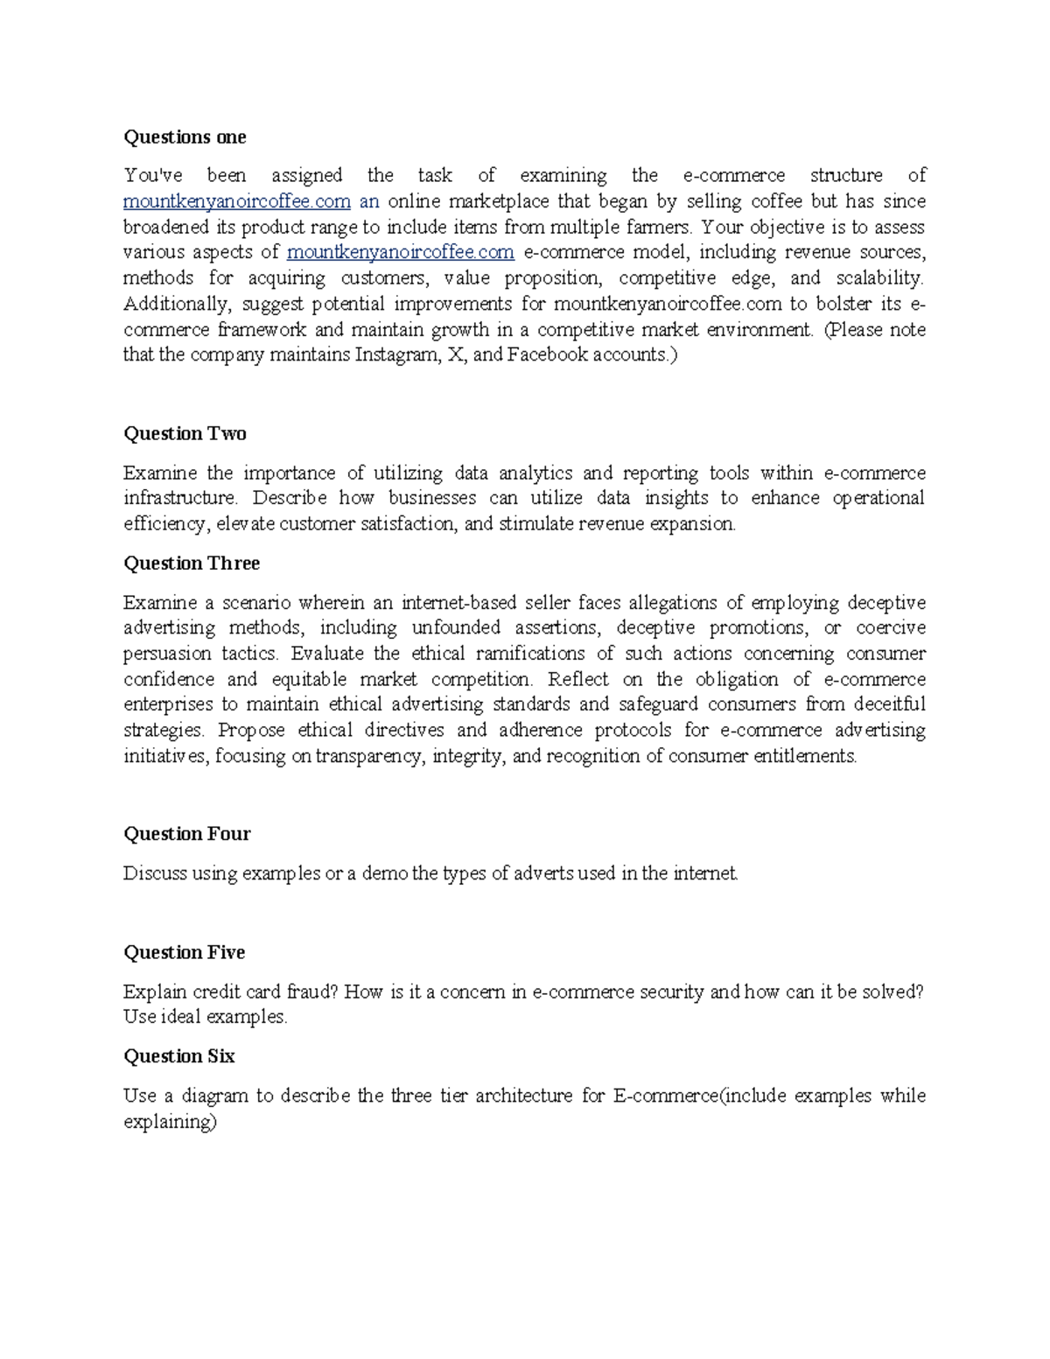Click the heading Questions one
pyautogui.click(x=185, y=137)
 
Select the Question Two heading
pyautogui.click(x=185, y=434)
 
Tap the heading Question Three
pyautogui.click(x=192, y=564)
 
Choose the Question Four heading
pyautogui.click(x=186, y=834)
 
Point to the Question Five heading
pyautogui.click(x=184, y=953)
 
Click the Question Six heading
pyautogui.click(x=178, y=1057)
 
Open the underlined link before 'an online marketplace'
pyautogui.click(x=236, y=202)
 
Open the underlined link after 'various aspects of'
pyautogui.click(x=400, y=253)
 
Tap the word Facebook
pyautogui.click(x=548, y=355)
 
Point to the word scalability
pyautogui.click(x=879, y=278)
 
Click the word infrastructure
pyautogui.click(x=179, y=499)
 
